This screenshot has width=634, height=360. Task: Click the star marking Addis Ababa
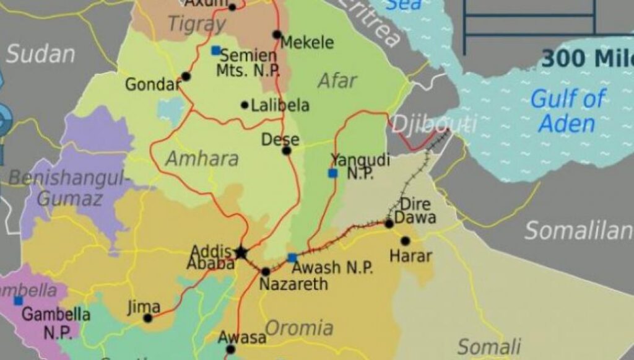[241, 252]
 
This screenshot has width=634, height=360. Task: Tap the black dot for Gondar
[186, 77]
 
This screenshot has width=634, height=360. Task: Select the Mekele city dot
[277, 35]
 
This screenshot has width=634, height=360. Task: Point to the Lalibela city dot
[245, 105]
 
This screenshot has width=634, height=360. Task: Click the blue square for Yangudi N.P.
[333, 173]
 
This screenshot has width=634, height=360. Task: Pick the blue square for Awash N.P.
[292, 258]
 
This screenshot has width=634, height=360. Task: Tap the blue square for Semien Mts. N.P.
[215, 50]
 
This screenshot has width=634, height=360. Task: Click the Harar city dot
[405, 240]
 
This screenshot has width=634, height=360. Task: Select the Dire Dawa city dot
[389, 223]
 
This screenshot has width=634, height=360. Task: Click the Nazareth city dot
[266, 271]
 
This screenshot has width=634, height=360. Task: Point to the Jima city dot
[147, 318]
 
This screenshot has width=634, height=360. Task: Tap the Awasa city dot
[231, 349]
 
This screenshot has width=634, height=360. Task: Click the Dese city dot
[286, 151]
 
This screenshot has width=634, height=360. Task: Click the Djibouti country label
[433, 123]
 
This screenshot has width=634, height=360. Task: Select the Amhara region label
[202, 158]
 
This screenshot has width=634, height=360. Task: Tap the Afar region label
[337, 81]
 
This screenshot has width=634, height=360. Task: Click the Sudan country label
[40, 54]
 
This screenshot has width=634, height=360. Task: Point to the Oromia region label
[299, 327]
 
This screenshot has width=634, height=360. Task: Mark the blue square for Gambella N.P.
[19, 301]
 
